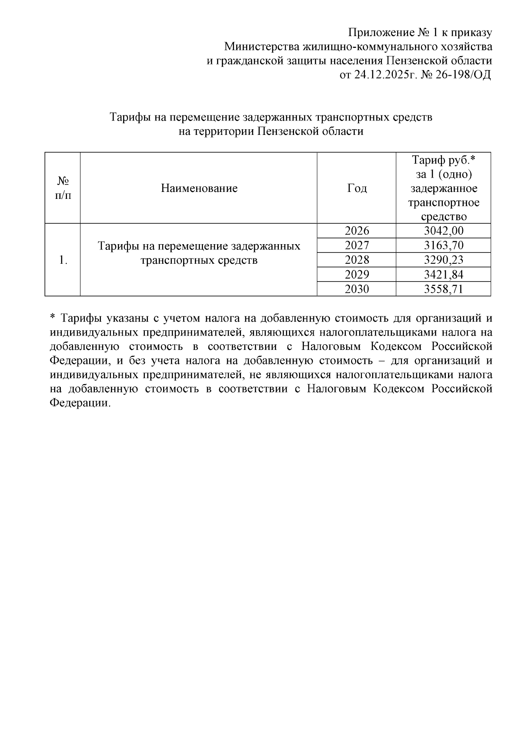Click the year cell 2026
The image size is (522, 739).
356,231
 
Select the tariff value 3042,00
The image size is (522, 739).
444,231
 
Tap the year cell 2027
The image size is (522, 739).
356,245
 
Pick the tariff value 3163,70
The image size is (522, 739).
444,245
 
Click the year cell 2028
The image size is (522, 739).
356,260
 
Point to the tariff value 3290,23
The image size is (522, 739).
444,260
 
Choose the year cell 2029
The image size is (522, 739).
356,274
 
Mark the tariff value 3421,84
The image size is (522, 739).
444,274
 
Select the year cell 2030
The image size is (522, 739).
356,289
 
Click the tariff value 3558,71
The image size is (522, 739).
444,289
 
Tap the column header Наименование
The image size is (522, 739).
199,188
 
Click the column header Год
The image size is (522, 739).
356,188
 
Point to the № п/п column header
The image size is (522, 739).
63,188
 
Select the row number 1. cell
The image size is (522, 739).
63,260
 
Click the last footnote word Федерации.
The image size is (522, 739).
78,403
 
